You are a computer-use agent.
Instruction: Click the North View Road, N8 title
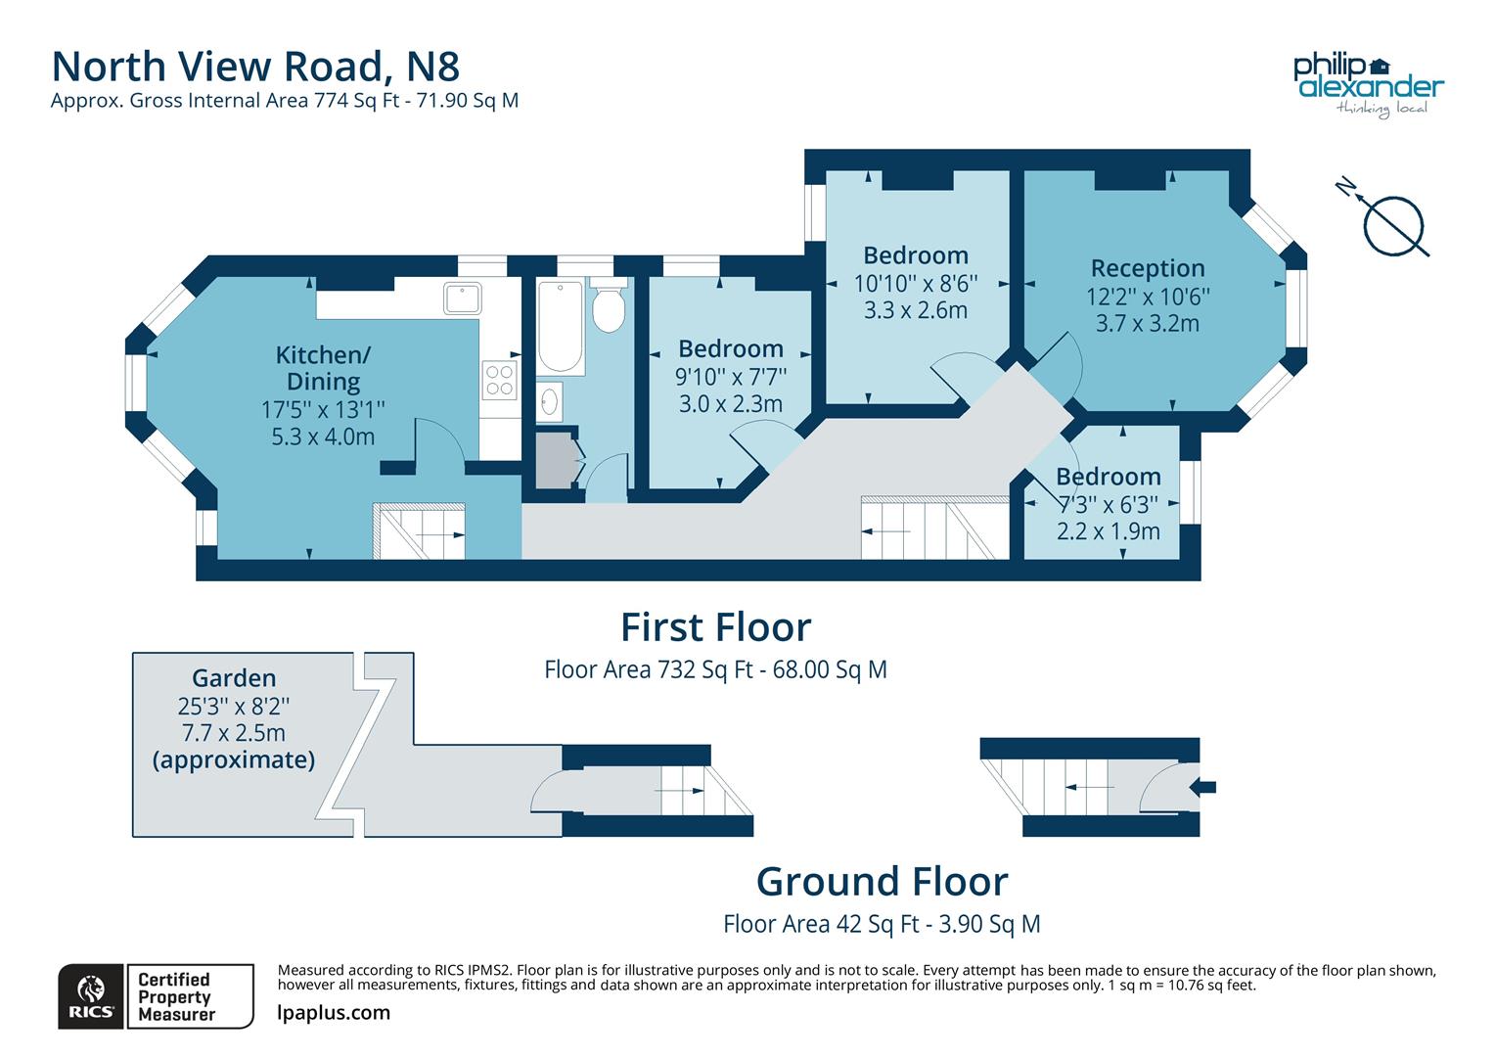coord(255,67)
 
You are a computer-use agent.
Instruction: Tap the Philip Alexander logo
coord(1368,82)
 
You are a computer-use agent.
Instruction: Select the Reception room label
coord(1147,268)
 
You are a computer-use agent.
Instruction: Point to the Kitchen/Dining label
coord(323,368)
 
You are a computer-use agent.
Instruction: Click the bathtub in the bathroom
coord(561,327)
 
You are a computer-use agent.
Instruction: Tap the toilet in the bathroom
coord(610,307)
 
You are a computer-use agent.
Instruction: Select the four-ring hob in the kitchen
coord(500,380)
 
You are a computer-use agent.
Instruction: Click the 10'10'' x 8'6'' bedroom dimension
coord(915,283)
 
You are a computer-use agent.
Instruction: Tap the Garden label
coord(234,678)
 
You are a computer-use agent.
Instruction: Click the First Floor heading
coord(715,626)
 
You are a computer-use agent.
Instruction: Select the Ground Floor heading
coord(882,882)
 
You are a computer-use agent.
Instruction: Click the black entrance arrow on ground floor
coord(1205,787)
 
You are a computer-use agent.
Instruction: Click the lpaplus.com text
coord(334,1013)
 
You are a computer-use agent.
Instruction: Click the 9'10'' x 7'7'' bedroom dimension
coord(730,376)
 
